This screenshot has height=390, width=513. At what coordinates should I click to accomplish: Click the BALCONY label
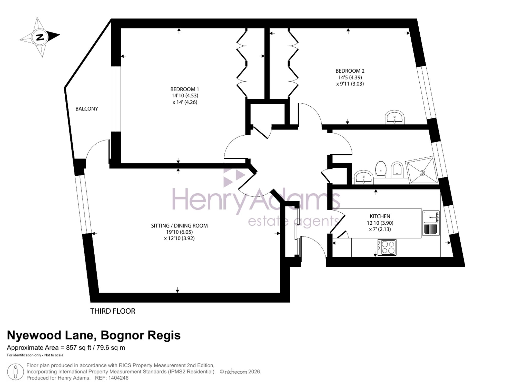pyautogui.click(x=87, y=109)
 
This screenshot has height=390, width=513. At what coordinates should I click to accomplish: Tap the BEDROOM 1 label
pyautogui.click(x=185, y=89)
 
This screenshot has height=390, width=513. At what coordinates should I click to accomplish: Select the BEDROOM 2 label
pyautogui.click(x=350, y=71)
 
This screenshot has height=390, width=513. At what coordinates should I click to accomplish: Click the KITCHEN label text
pyautogui.click(x=380, y=216)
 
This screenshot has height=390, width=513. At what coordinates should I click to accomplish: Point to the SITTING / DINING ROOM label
pyautogui.click(x=179, y=226)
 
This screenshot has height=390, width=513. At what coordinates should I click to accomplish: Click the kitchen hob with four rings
pyautogui.click(x=387, y=247)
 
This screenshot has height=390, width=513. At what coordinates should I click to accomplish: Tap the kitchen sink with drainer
pyautogui.click(x=431, y=223)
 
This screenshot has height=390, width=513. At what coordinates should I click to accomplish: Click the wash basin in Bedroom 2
pyautogui.click(x=394, y=118)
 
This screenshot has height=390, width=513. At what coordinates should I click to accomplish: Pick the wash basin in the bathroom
pyautogui.click(x=363, y=177)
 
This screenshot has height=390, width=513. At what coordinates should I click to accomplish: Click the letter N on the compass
pyautogui.click(x=40, y=37)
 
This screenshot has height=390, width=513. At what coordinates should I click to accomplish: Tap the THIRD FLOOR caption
pyautogui.click(x=113, y=311)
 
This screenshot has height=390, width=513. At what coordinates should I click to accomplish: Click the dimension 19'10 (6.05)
pyautogui.click(x=179, y=232)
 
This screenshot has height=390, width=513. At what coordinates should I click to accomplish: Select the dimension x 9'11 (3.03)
pyautogui.click(x=350, y=84)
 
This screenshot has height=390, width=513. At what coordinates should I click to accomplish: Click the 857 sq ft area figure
pyautogui.click(x=78, y=348)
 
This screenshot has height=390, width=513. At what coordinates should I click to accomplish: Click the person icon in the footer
pyautogui.click(x=16, y=372)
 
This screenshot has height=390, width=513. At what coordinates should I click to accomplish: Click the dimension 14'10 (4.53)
pyautogui.click(x=185, y=96)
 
